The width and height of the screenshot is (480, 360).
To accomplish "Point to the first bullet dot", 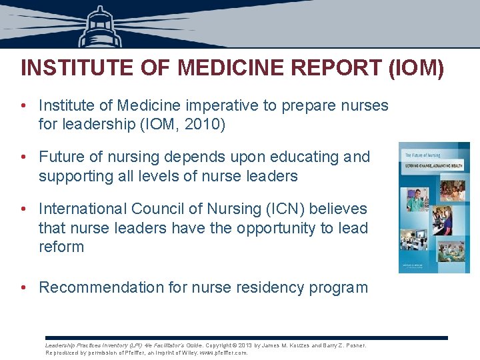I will pyautogui.click(x=24, y=106).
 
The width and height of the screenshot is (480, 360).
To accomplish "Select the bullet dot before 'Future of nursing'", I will pyautogui.click(x=24, y=157).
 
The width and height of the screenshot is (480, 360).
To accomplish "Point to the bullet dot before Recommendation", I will pyautogui.click(x=24, y=288).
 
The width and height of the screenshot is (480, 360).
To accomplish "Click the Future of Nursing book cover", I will pyautogui.click(x=425, y=207).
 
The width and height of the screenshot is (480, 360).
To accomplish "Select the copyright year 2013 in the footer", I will pyautogui.click(x=244, y=345).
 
